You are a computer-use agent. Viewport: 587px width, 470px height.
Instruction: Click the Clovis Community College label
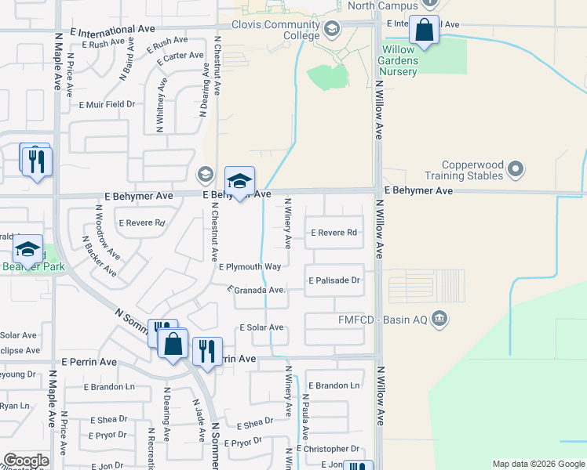[277, 30]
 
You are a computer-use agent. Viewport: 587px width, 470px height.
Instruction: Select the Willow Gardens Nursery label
[408, 60]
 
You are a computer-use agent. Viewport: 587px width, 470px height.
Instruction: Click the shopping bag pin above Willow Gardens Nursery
[425, 31]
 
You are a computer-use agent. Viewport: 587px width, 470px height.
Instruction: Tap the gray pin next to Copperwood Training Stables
[516, 168]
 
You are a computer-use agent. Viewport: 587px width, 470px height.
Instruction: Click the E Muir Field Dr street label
[107, 103]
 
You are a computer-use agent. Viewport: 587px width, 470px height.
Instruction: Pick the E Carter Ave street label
[180, 59]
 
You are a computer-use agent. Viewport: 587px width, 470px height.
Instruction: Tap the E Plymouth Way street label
[250, 267]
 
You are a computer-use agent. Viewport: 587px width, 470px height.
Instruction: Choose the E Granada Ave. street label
[257, 290]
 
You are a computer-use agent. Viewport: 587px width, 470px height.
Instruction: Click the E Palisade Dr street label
[334, 280]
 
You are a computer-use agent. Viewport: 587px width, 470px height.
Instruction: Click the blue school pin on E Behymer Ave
[239, 182]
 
